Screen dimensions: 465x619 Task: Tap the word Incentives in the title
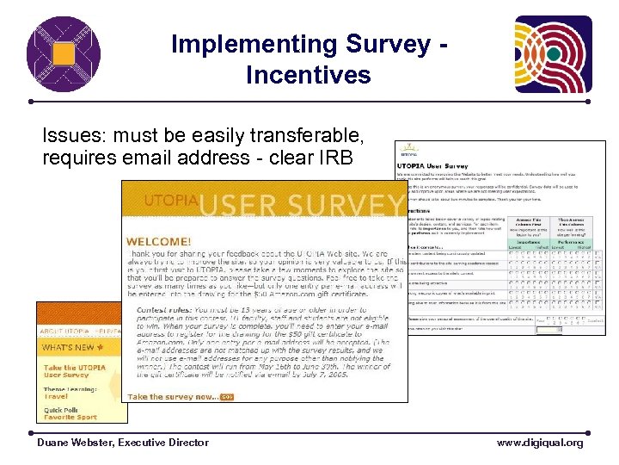(x=308, y=75)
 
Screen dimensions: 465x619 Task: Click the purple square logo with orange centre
(x=63, y=54)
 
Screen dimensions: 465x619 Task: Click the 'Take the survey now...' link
(x=173, y=396)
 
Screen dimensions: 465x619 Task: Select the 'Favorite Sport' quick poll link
(x=71, y=417)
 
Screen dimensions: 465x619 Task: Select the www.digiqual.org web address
(x=539, y=443)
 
